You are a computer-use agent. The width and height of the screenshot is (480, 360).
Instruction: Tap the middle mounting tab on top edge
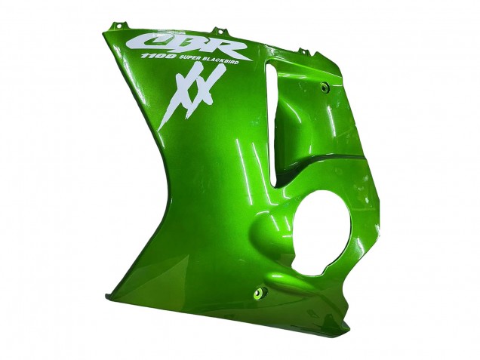click(x=220, y=32)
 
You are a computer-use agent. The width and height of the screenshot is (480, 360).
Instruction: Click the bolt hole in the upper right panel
click(x=325, y=88)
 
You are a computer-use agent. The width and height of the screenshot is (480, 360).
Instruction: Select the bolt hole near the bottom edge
click(x=263, y=291)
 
